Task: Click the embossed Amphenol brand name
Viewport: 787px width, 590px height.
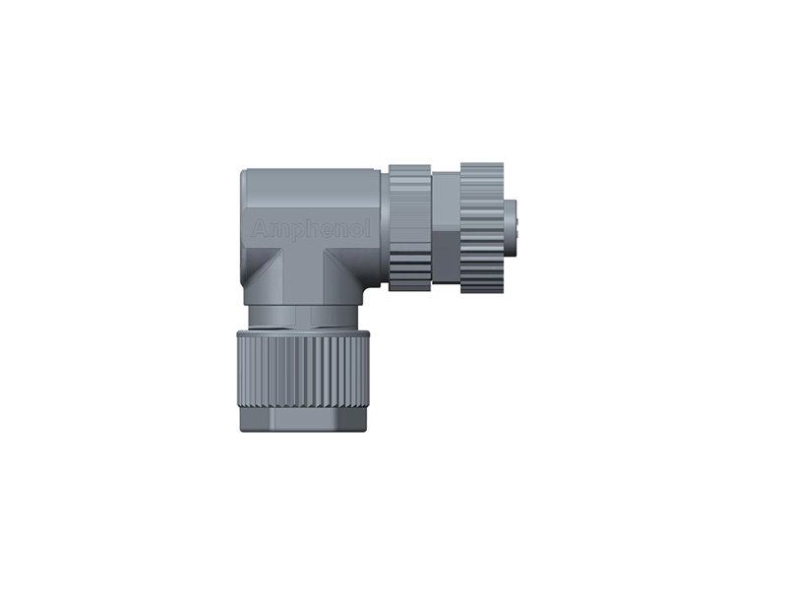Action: (x=312, y=229)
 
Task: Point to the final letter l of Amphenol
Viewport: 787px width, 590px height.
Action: (x=368, y=228)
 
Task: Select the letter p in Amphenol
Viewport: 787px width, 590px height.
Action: (x=297, y=232)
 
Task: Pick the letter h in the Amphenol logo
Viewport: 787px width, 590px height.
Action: (x=314, y=228)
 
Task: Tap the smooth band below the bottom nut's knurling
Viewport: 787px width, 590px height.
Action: (x=304, y=421)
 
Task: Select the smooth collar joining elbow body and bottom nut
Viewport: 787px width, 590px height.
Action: (x=304, y=316)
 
